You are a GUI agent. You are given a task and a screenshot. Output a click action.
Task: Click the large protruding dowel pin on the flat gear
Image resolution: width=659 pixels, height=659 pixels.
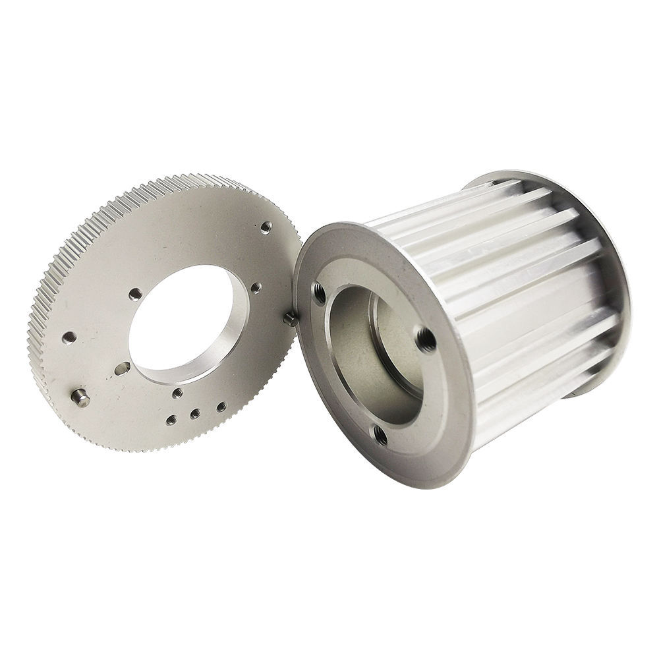[x=80, y=397]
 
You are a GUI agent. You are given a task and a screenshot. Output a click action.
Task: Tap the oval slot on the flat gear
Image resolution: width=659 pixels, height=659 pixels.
[x=122, y=368]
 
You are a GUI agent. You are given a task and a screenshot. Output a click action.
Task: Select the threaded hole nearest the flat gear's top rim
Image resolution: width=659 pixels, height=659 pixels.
[x=266, y=227]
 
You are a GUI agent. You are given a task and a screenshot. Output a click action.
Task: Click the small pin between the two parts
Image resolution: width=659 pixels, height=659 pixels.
[x=289, y=319]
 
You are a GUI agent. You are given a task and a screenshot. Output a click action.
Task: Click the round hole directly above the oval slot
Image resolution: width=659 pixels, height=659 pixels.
[x=135, y=294]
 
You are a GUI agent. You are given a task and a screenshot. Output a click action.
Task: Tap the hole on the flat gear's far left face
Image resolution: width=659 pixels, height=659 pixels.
[x=69, y=338]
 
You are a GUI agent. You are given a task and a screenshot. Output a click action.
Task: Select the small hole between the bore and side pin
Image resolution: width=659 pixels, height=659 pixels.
[x=256, y=288]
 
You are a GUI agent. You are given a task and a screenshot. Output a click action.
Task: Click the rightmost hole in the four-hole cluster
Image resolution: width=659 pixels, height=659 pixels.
[x=221, y=407]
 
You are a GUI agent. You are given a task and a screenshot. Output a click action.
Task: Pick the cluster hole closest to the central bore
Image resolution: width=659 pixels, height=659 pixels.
[x=177, y=393]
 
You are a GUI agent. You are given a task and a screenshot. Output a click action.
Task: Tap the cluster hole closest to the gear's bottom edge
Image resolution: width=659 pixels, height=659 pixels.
[x=171, y=419]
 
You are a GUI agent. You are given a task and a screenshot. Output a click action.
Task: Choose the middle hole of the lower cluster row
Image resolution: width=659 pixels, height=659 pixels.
[x=195, y=414]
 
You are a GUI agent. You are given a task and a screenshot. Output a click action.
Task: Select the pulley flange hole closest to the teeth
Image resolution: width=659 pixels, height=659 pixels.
[x=426, y=339]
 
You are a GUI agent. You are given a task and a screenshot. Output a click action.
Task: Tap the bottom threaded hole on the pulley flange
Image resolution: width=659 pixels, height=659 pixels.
[x=380, y=434]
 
